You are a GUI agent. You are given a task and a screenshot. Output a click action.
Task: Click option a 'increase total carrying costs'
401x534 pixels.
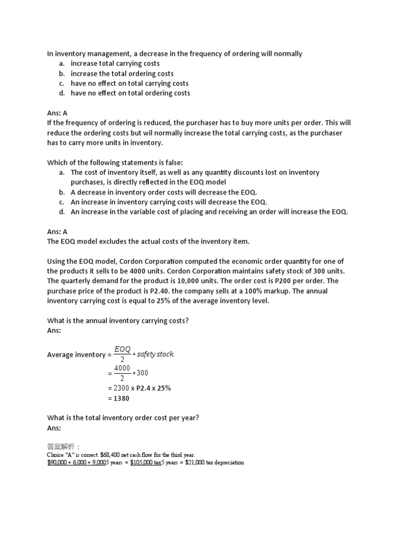pyautogui.click(x=115, y=64)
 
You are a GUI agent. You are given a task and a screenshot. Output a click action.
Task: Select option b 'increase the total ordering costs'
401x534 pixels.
pyautogui.click(x=122, y=74)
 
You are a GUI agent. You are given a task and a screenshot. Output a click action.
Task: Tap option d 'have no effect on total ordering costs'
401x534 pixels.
pyautogui.click(x=130, y=93)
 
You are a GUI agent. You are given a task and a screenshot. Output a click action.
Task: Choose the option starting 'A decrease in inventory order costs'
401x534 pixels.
pyautogui.click(x=163, y=192)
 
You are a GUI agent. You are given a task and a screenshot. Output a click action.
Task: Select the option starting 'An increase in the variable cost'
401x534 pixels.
pyautogui.click(x=209, y=212)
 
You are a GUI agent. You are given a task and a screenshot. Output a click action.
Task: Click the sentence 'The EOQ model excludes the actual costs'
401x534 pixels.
pyautogui.click(x=148, y=241)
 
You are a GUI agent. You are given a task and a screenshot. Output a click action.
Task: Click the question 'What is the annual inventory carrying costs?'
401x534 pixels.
pyautogui.click(x=118, y=321)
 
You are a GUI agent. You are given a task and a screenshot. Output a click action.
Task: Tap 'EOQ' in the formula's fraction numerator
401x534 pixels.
pyautogui.click(x=123, y=349)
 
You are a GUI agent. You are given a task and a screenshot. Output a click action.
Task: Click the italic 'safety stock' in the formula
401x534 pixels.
pyautogui.click(x=155, y=354)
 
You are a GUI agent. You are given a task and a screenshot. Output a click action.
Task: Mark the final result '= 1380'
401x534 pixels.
pyautogui.click(x=119, y=398)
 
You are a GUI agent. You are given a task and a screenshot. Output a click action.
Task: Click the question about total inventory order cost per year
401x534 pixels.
pyautogui.click(x=123, y=418)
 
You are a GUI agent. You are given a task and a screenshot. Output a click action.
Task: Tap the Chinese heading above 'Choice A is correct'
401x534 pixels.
pyautogui.click(x=64, y=447)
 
